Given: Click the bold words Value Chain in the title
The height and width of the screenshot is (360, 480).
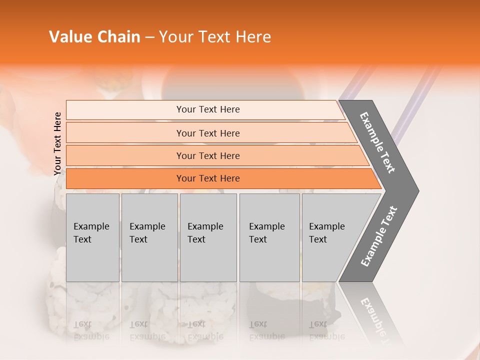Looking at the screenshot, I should pyautogui.click(x=94, y=37).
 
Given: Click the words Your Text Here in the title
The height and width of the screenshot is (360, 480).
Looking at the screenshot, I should pyautogui.click(x=215, y=37).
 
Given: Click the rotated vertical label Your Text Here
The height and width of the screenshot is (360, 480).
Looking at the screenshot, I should pyautogui.click(x=57, y=144).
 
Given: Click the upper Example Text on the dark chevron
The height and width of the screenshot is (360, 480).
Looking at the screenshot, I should pyautogui.click(x=377, y=142).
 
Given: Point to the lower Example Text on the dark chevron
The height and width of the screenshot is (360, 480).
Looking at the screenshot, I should pyautogui.click(x=378, y=236).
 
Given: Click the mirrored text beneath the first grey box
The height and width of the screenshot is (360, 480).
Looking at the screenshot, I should pyautogui.click(x=91, y=330).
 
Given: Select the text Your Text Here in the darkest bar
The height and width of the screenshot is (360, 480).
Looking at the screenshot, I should pyautogui.click(x=208, y=178).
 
